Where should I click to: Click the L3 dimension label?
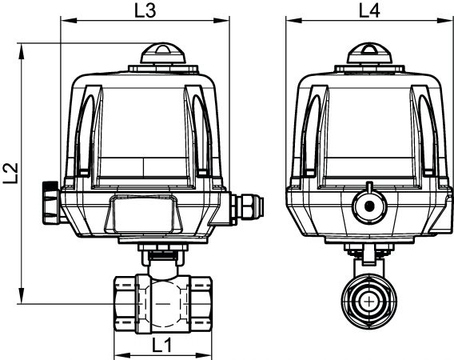[x=145, y=11]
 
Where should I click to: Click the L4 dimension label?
[x=369, y=11]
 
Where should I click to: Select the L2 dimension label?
[x=11, y=173]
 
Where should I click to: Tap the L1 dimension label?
[x=162, y=346]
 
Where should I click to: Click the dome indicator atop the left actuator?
[x=163, y=54]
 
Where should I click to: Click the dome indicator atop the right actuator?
[x=369, y=54]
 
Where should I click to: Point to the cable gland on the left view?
[x=247, y=208]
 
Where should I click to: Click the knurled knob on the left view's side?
[x=51, y=202]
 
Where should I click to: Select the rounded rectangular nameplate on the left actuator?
[x=144, y=214]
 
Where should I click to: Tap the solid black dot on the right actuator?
[x=369, y=206]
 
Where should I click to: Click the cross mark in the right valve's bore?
[x=369, y=302]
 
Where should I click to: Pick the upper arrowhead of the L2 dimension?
[x=22, y=52]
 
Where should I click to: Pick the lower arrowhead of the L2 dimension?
[x=22, y=295]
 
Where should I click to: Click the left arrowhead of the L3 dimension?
[x=70, y=20]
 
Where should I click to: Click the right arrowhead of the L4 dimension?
[x=445, y=20]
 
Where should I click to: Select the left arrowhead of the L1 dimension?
[x=123, y=355]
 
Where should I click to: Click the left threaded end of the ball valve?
[x=125, y=304]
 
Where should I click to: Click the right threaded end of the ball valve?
[x=201, y=304]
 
